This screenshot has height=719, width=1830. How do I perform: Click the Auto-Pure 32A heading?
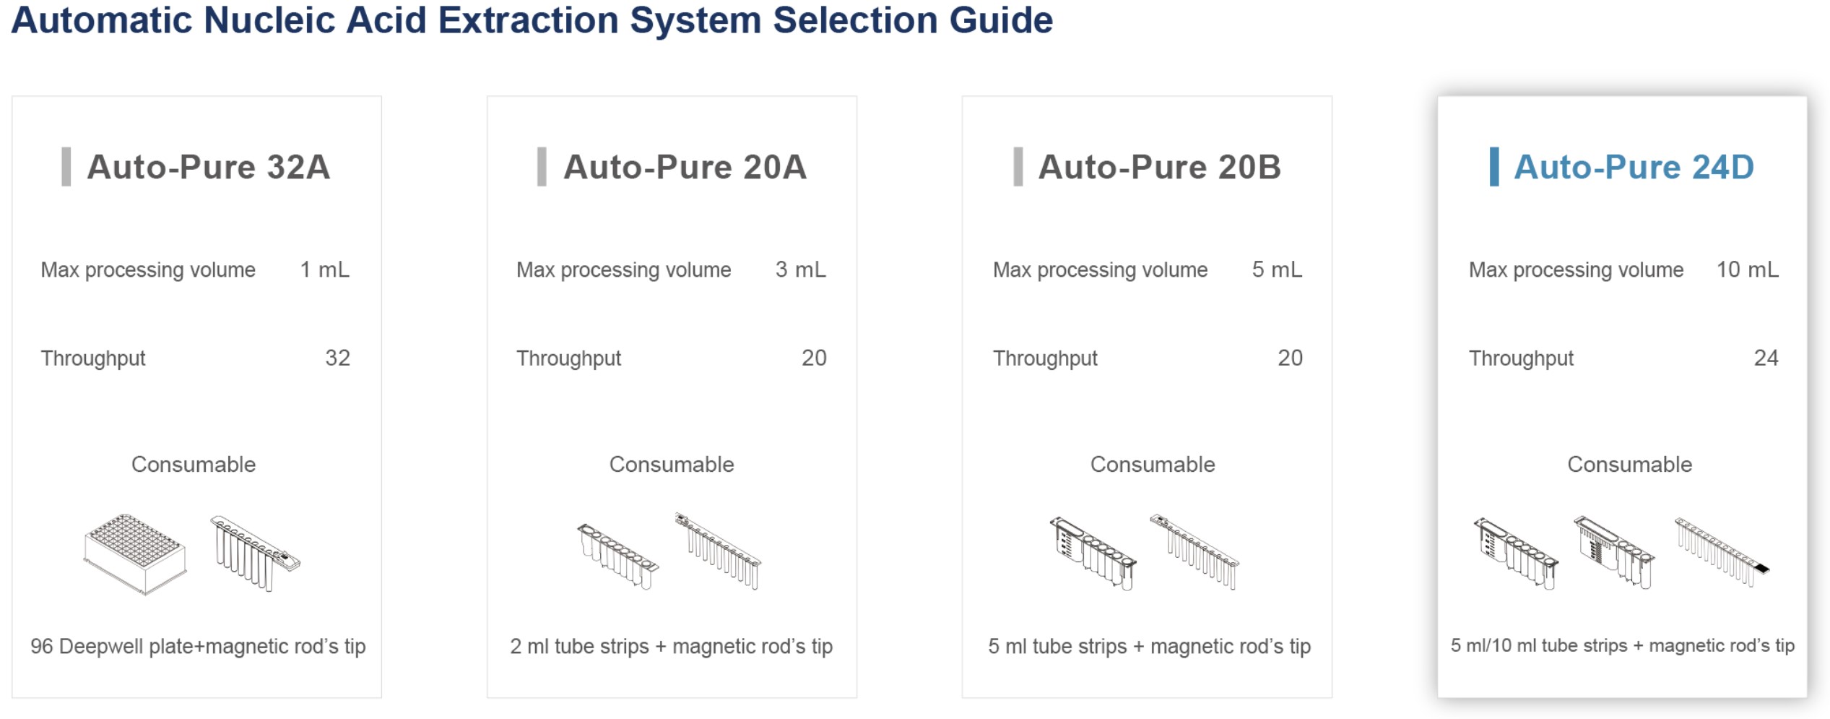tap(209, 168)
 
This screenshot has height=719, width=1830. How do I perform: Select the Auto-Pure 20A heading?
tap(685, 168)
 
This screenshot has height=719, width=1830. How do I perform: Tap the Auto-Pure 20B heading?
tap(1160, 168)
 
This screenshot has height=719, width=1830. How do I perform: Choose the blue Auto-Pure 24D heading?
tap(1634, 168)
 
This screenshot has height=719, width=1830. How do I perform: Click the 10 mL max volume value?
tap(1748, 270)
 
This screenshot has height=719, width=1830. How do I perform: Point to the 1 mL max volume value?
tap(325, 270)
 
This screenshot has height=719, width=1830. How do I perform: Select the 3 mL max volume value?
tap(801, 270)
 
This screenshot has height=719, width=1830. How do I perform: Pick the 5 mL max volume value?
tap(1278, 270)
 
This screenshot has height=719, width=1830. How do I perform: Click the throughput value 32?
tap(338, 358)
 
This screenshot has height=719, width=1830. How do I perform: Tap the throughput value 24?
tap(1766, 358)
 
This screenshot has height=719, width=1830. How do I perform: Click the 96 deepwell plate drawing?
tap(135, 554)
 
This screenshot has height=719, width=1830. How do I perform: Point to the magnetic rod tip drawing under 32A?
tap(255, 554)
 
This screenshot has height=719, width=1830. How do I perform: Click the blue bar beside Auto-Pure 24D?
tap(1494, 167)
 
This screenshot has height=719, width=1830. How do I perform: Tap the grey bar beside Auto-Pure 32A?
tap(66, 167)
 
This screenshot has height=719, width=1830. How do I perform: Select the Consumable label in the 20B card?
tap(1153, 465)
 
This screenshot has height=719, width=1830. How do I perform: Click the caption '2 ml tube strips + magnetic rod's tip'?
tap(672, 646)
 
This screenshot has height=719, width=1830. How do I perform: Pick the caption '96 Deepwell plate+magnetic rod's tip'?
tap(198, 646)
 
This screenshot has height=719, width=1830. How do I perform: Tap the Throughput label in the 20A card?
tap(569, 358)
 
